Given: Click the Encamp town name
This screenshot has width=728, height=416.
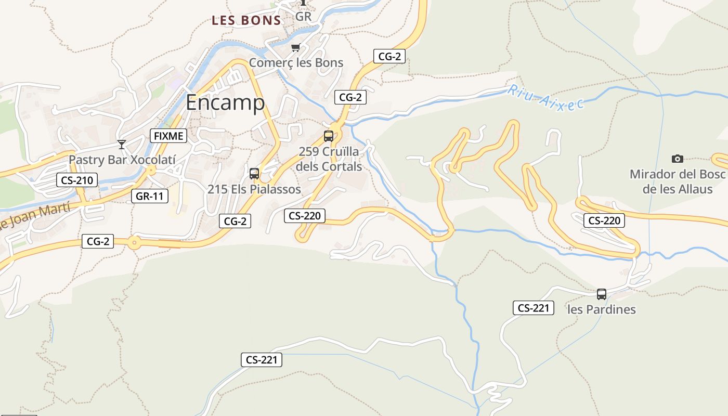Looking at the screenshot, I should (225, 102).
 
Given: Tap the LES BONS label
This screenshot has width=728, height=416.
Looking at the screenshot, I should (246, 21).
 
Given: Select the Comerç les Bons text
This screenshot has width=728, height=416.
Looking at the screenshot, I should (296, 63).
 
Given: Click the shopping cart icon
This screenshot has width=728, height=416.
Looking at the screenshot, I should (295, 48).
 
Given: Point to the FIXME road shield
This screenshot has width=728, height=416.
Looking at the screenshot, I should (168, 136).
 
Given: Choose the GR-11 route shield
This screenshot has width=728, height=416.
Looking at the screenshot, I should (150, 196).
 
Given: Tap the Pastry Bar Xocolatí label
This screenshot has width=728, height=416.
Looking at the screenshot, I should (122, 160).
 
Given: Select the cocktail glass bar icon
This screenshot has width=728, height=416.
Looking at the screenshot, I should (122, 144).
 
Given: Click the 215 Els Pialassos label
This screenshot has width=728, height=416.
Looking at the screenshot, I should (254, 189).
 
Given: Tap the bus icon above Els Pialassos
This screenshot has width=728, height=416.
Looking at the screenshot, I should (254, 174).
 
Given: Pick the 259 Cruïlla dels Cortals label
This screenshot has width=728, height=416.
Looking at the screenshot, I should (329, 159).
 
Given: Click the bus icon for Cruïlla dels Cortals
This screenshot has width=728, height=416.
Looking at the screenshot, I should (329, 136).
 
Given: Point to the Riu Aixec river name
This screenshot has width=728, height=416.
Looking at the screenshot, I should (546, 97).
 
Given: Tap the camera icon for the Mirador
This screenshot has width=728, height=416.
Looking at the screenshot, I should (677, 159).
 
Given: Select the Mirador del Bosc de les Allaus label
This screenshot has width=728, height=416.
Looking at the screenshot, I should (677, 181).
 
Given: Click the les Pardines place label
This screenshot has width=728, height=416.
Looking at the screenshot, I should (602, 309).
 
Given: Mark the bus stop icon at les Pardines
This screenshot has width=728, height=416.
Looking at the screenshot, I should (602, 294).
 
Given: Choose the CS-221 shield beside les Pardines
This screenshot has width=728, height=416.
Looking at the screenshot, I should (534, 308).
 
